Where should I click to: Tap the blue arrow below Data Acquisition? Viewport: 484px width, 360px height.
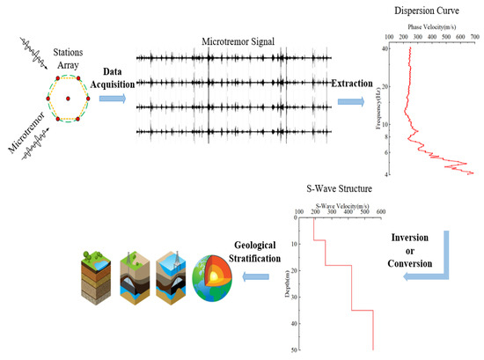[x=112, y=99]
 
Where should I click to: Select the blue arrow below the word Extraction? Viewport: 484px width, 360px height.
[x=351, y=102]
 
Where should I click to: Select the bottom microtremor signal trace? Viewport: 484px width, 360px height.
[x=233, y=133]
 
